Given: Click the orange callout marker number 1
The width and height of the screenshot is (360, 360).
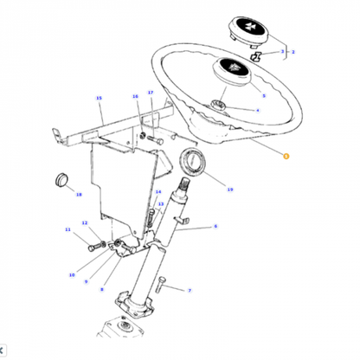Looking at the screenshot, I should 287,155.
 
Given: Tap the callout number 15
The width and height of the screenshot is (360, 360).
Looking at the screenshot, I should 100,99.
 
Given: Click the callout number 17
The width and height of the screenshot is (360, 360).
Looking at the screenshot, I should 150,93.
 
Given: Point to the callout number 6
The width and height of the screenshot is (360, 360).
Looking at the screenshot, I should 215,228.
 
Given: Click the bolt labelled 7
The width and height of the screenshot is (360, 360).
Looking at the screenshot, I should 165,289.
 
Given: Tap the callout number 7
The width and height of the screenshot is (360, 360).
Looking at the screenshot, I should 190,291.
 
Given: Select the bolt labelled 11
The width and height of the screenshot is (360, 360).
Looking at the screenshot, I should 93,248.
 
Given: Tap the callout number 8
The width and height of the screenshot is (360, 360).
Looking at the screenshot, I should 102,290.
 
